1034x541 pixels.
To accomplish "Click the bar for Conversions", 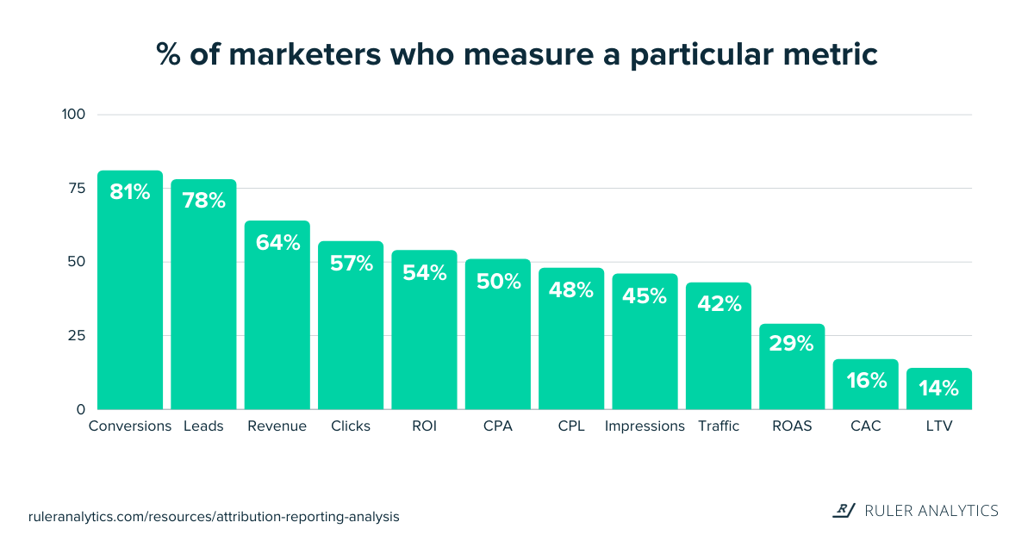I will [130, 293].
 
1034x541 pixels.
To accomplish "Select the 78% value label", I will [203, 201].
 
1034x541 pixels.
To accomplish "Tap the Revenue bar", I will [277, 319].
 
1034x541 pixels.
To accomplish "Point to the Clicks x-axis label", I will [351, 426].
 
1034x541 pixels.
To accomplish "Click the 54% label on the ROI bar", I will [425, 273].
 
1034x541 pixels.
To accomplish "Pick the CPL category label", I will [571, 426].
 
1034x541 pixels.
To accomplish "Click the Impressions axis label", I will [645, 426].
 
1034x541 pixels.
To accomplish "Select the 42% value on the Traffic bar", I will [719, 304].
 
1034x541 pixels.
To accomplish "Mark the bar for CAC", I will [866, 388].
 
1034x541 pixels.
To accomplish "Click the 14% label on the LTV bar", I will [939, 389].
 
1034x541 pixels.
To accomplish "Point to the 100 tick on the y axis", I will [73, 115].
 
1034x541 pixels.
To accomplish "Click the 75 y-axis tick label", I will [78, 189].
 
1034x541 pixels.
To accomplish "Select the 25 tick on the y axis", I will [78, 336].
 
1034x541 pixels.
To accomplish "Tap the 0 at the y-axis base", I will [81, 409].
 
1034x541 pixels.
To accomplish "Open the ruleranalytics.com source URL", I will [215, 517].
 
